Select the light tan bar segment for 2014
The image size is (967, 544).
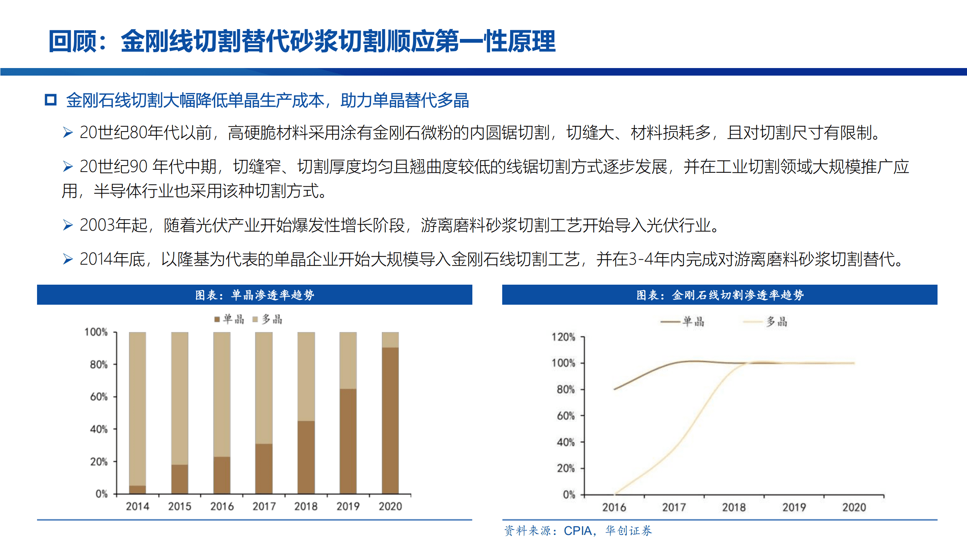[x=137, y=408]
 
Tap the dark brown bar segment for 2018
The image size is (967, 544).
[x=306, y=457]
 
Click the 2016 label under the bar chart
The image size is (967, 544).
[x=222, y=506]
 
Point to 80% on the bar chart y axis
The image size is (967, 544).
[x=99, y=365]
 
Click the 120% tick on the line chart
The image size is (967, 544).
[x=563, y=337]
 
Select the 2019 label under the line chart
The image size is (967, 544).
[x=794, y=507]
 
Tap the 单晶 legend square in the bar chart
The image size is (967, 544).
[x=217, y=319]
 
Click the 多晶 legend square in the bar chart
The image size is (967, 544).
[x=255, y=319]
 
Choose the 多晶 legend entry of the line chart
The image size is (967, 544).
[x=766, y=322]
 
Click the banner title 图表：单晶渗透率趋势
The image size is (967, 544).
[x=255, y=295]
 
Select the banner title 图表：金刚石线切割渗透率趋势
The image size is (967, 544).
[x=720, y=295]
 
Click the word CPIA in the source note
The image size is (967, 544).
[x=577, y=531]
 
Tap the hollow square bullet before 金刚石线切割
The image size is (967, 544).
[x=51, y=100]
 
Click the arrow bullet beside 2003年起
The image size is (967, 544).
[x=68, y=225]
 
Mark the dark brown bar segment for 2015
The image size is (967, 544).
[x=179, y=479]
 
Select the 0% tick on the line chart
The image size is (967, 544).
[x=569, y=494]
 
